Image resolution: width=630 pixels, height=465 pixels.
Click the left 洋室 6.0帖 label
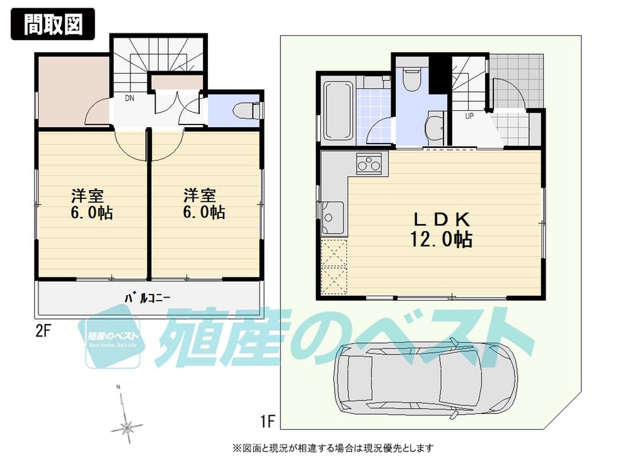pos(91,203)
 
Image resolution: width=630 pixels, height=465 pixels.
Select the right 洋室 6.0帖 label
pos(203,203)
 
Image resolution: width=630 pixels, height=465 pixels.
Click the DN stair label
pos(130,98)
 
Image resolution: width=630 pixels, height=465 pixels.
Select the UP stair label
pos(469,116)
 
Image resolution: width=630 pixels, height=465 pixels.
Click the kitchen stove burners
pos(368,164)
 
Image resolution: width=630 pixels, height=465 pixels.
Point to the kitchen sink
pos(332,213)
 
